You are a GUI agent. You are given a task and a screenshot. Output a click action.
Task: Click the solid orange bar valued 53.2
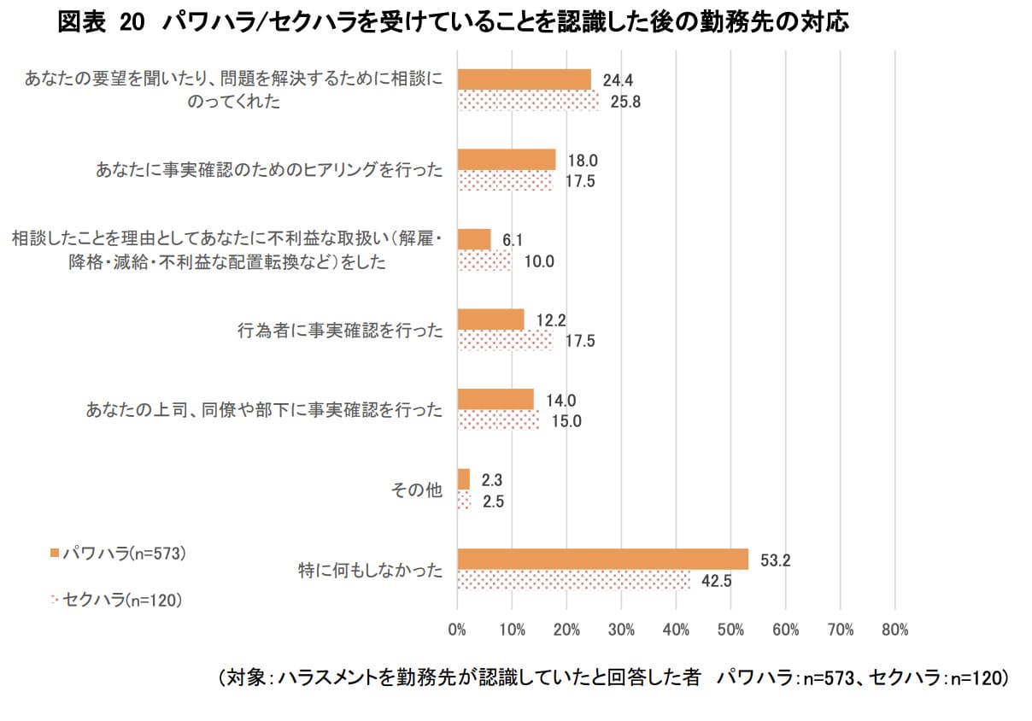602,559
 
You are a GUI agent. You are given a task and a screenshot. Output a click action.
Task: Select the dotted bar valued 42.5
573,579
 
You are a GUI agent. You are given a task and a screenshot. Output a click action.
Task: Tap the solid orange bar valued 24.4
524,79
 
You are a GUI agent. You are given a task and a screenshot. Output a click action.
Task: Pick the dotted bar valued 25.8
528,100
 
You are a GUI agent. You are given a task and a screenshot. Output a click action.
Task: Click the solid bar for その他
463,478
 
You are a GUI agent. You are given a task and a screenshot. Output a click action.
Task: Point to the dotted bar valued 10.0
484,260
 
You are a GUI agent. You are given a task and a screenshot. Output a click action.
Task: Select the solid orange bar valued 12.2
490,319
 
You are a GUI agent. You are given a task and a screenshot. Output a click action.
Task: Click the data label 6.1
513,240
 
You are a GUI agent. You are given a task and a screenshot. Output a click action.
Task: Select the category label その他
416,489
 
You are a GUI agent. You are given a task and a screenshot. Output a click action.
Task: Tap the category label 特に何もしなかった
371,570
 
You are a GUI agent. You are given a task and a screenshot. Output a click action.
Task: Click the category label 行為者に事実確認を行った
340,330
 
